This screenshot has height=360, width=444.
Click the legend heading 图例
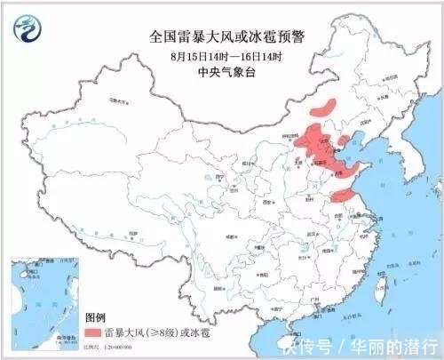point(95,316)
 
